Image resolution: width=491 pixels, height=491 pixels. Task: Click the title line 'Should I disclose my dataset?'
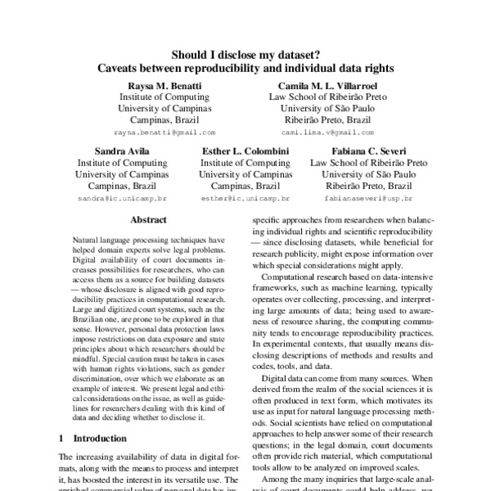[x=245, y=55]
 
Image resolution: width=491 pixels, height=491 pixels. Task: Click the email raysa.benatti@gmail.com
[x=164, y=132]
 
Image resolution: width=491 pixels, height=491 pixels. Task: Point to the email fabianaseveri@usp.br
[x=368, y=199]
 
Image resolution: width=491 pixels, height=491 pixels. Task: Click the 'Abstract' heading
[x=148, y=220]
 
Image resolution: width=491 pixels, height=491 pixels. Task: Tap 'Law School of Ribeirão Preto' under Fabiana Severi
[x=368, y=163]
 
